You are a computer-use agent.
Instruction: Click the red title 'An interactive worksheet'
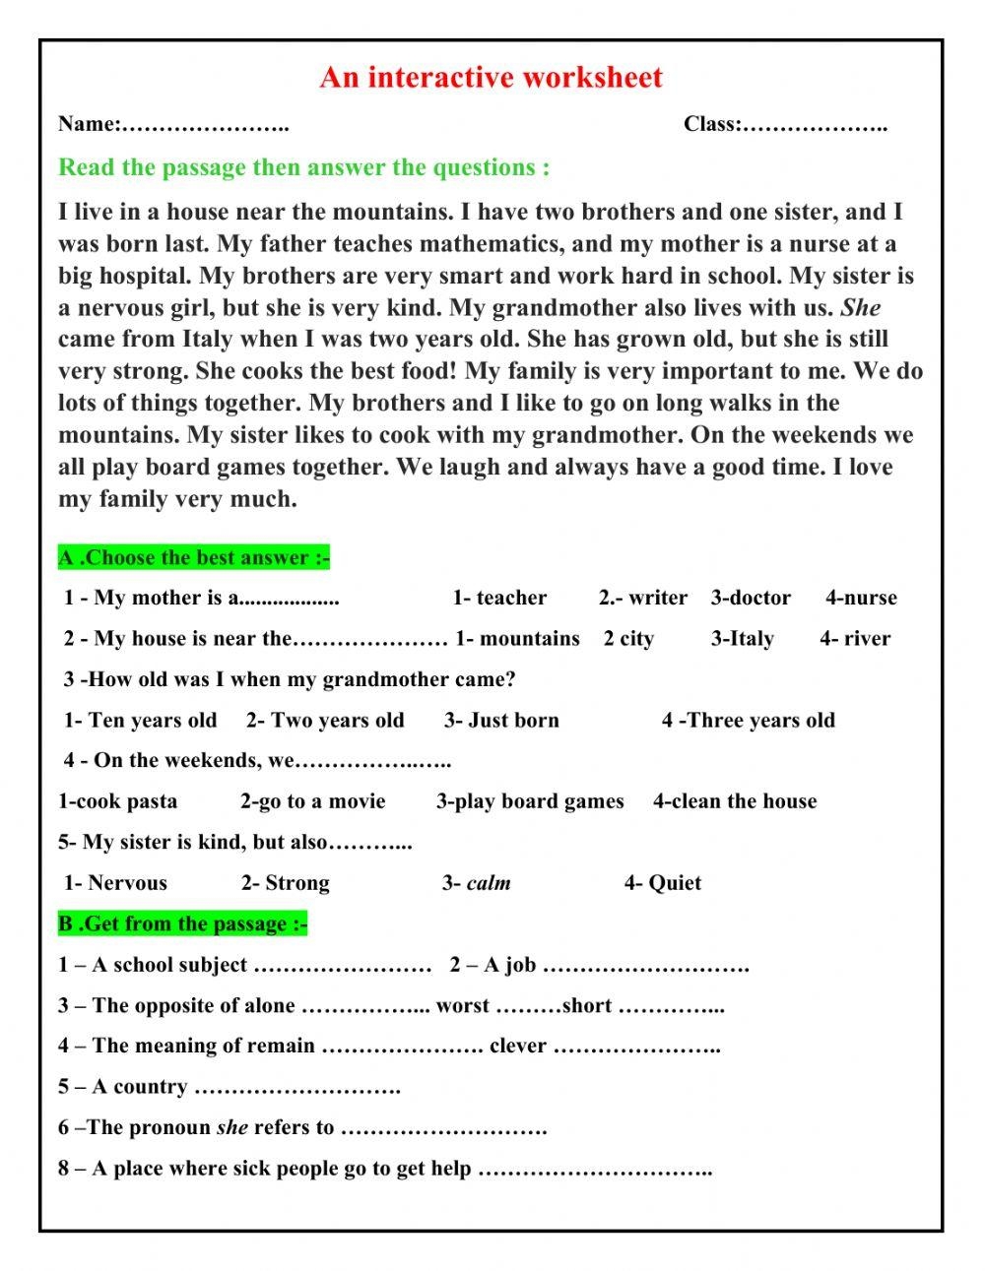[x=491, y=78]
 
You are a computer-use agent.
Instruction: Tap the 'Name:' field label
[x=89, y=124]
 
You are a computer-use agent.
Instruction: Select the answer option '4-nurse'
[x=861, y=598]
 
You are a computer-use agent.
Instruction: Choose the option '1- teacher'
[x=499, y=598]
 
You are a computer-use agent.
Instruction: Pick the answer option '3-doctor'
[x=751, y=598]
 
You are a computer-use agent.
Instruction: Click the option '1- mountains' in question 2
[x=517, y=639]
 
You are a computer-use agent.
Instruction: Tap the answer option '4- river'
[x=855, y=639]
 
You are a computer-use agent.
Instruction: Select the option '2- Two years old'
[x=325, y=721]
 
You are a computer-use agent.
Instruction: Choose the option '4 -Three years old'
[x=748, y=721]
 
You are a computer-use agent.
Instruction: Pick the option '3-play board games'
[x=530, y=801]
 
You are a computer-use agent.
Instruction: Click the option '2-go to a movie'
[x=312, y=801]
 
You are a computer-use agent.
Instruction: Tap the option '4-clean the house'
[x=735, y=801]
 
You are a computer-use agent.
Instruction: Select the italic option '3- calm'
[x=477, y=883]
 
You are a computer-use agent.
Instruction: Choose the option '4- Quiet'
[x=663, y=883]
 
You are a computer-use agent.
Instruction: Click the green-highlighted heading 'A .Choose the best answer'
[x=194, y=558]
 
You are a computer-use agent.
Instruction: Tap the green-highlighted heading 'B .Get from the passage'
[x=183, y=924]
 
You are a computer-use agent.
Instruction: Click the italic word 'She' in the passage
[x=860, y=307]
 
